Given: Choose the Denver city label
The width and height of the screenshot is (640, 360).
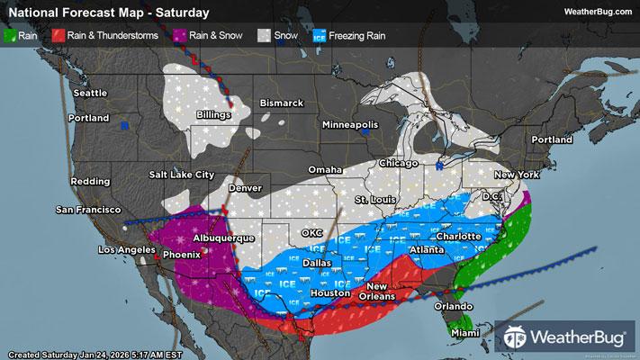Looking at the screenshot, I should [245, 189].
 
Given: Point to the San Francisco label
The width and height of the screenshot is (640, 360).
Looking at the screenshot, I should [88, 210].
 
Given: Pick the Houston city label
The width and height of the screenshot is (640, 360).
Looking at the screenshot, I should [329, 293].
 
